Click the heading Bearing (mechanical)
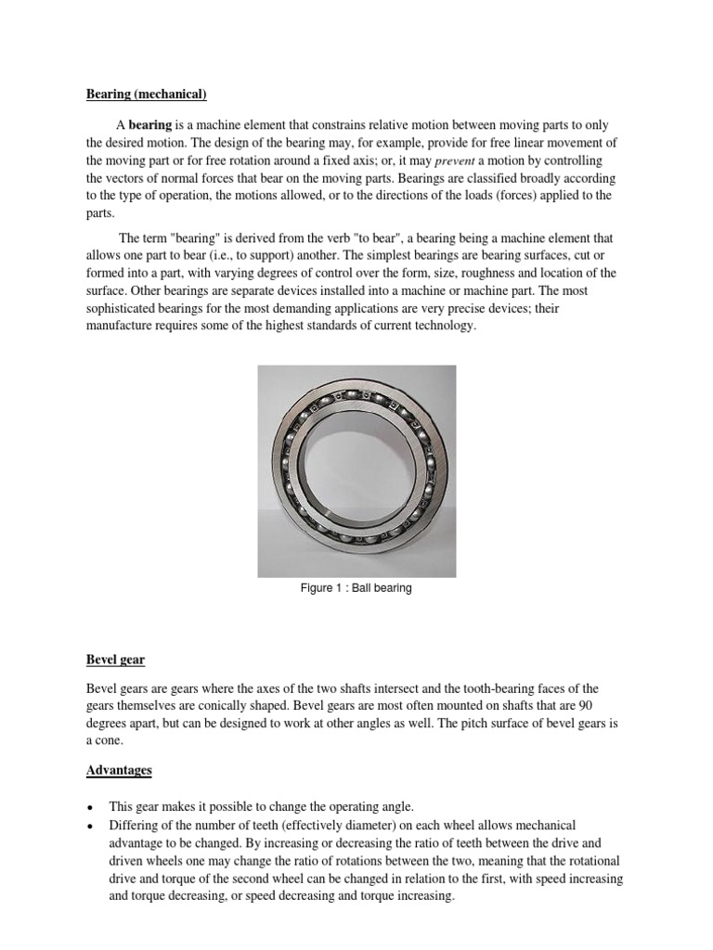tap(146, 95)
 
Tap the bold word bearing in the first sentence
tap(149, 124)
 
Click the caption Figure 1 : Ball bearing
tap(356, 588)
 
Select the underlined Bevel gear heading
tap(116, 660)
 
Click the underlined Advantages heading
tap(119, 770)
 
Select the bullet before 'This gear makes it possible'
tap(90, 807)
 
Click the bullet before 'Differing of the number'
tap(90, 826)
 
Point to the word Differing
tap(136, 825)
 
